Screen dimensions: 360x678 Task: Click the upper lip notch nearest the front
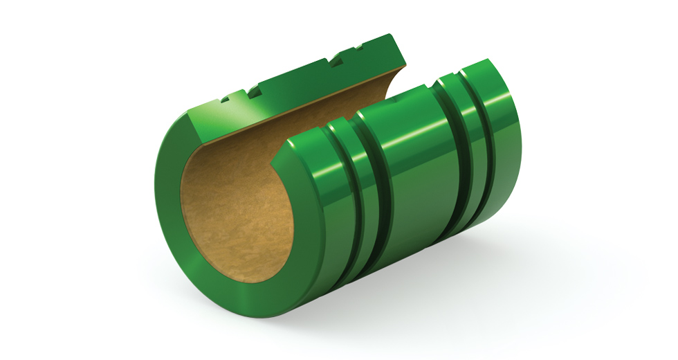[226, 101]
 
